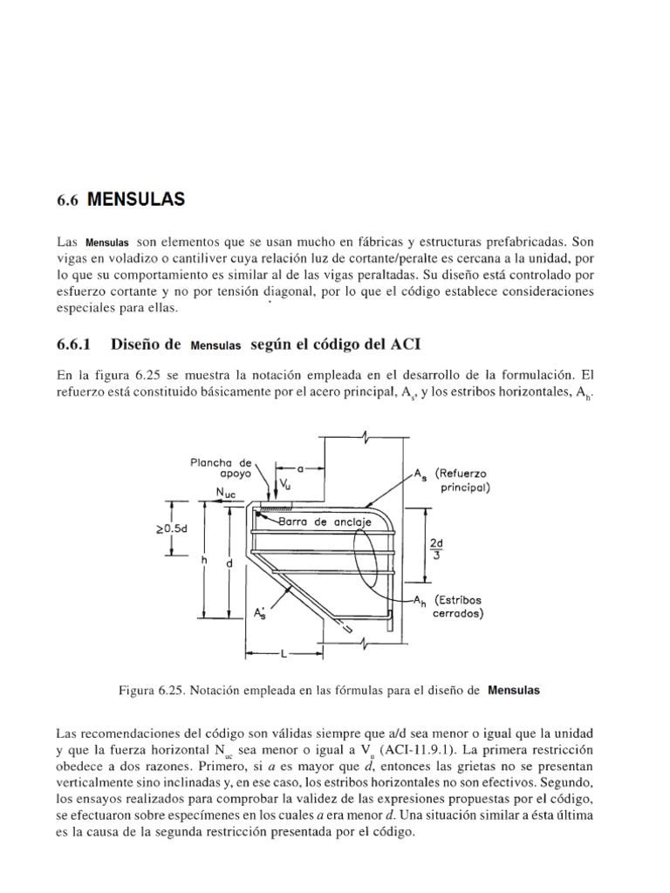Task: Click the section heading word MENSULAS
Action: (x=136, y=199)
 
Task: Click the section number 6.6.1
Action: (x=79, y=344)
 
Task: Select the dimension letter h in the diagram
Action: (x=204, y=562)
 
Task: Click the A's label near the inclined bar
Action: (x=260, y=614)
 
